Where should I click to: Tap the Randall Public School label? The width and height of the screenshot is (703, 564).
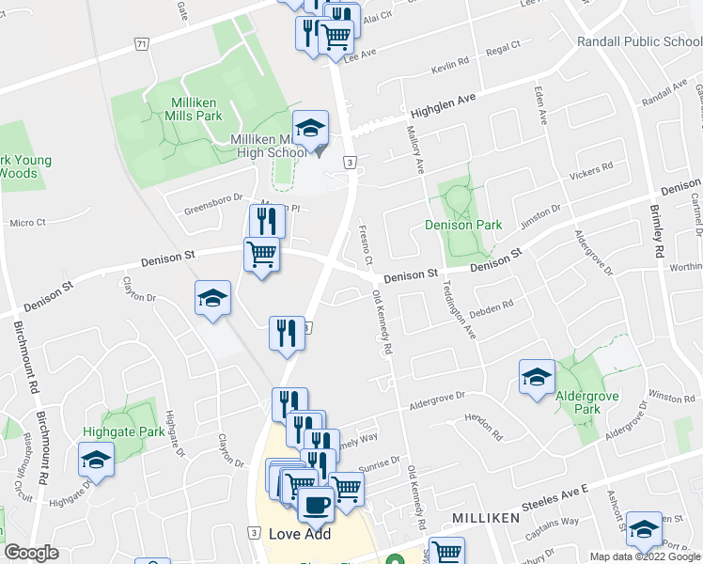pos(639,41)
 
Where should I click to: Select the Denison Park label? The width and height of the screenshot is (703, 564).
pos(463,225)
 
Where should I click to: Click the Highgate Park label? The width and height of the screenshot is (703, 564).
pos(137,431)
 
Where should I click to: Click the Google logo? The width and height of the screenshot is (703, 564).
pos(31,553)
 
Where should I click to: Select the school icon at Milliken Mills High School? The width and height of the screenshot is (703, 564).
pos(311,129)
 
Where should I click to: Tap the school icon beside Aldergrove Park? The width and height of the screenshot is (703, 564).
pos(537,378)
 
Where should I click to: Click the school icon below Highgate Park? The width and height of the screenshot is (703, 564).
pos(96,460)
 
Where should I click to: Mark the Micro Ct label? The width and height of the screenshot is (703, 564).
pos(28,223)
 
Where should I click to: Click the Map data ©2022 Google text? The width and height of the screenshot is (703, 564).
pos(644,556)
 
